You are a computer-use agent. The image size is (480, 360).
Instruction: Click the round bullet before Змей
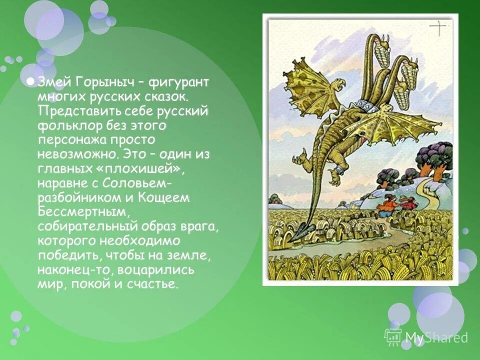30,82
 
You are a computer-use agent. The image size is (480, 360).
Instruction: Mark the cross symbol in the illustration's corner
438,28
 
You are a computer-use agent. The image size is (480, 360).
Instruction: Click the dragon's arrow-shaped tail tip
303,230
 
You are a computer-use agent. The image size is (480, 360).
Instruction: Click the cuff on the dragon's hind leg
336,170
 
